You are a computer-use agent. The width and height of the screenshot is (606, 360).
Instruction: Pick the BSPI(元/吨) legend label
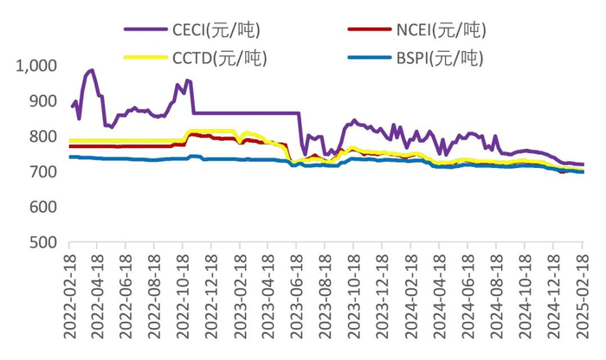(438, 59)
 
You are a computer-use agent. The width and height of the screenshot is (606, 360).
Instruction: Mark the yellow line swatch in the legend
(146, 59)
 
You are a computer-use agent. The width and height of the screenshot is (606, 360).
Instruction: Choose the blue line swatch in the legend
(370, 59)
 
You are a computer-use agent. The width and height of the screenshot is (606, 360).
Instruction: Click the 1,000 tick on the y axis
(36, 66)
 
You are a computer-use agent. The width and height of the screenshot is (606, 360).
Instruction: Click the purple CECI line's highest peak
(92, 70)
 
